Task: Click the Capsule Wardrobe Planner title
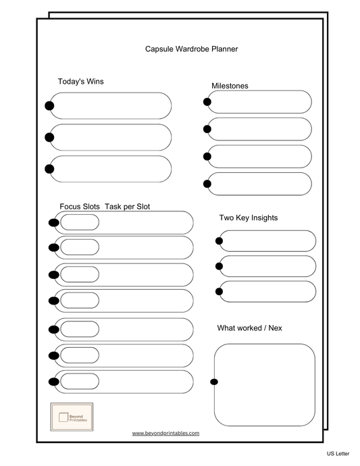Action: [x=191, y=49]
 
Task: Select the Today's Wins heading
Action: [x=80, y=82]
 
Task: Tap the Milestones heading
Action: [x=230, y=86]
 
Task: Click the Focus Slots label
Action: [x=79, y=206]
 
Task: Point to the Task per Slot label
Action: [x=127, y=206]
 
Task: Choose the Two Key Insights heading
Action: [x=248, y=217]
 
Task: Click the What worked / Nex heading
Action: [x=249, y=328]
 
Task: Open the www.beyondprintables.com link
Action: [x=165, y=433]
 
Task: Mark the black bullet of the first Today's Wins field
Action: [x=49, y=105]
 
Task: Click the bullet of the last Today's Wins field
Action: [x=49, y=169]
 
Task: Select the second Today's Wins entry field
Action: [x=111, y=137]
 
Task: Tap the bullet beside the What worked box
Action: [x=214, y=382]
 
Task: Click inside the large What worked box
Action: [x=265, y=384]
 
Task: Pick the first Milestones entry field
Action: [x=259, y=102]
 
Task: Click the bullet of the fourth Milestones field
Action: [x=207, y=184]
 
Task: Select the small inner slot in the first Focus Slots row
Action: [x=80, y=222]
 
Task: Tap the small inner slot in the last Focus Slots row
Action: [x=80, y=381]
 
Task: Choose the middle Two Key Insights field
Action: [x=267, y=266]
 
